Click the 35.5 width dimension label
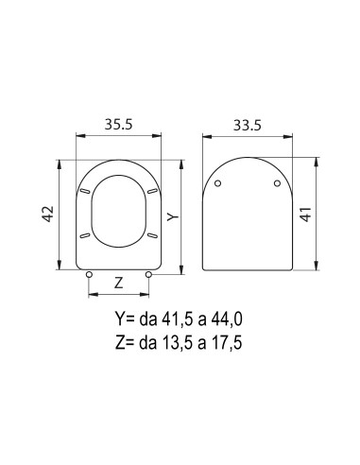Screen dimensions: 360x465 coord(119,124)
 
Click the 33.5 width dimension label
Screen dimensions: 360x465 coord(248,126)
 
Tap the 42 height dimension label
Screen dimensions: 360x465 coord(48,214)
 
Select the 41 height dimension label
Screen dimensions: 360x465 coord(306,215)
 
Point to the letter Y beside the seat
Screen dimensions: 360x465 coord(173,216)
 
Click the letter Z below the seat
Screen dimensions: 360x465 coord(118,284)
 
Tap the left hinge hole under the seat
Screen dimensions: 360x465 coord(89,275)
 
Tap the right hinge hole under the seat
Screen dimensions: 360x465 coord(148,275)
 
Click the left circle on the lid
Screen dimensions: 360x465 coord(217,183)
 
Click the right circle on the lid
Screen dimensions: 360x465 coord(277,183)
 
